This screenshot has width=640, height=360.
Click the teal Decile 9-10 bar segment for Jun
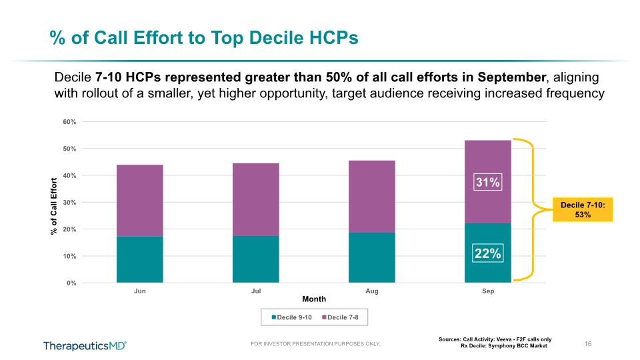click(x=139, y=259)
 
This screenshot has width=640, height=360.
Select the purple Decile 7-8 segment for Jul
click(x=256, y=199)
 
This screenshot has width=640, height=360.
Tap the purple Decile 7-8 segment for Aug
click(x=372, y=197)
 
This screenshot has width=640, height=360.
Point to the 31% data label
click(x=488, y=182)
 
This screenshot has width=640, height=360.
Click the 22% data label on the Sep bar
click(x=488, y=253)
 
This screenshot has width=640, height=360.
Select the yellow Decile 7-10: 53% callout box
click(x=583, y=210)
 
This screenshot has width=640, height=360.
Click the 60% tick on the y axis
click(x=69, y=122)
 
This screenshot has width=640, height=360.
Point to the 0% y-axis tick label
click(x=71, y=283)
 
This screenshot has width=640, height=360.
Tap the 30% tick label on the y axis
click(x=69, y=203)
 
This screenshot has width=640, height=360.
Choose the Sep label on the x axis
click(x=488, y=291)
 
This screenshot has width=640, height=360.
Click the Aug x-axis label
click(x=372, y=291)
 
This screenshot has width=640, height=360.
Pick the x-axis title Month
click(x=314, y=299)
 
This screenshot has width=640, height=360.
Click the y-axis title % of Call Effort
click(x=53, y=207)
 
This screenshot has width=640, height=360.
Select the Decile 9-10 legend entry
click(x=292, y=317)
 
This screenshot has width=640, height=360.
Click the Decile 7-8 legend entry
click(x=341, y=317)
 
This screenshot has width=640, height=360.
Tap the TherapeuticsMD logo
click(x=85, y=346)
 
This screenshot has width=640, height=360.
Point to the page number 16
click(x=588, y=344)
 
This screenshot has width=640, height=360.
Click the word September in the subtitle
click(x=512, y=77)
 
